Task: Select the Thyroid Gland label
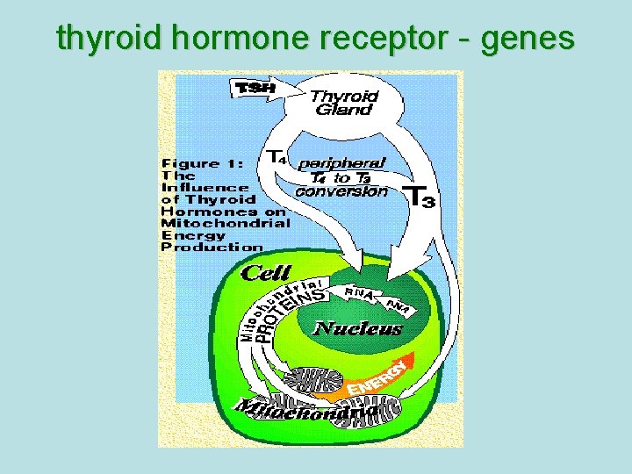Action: click(x=345, y=103)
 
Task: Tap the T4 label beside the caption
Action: click(x=276, y=157)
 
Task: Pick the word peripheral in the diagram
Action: click(x=341, y=163)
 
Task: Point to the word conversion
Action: click(x=341, y=190)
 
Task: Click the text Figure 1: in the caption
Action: click(x=201, y=163)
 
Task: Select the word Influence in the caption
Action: click(x=205, y=187)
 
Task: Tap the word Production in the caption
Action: click(x=211, y=247)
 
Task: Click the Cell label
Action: click(x=265, y=273)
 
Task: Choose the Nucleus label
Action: click(x=357, y=329)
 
